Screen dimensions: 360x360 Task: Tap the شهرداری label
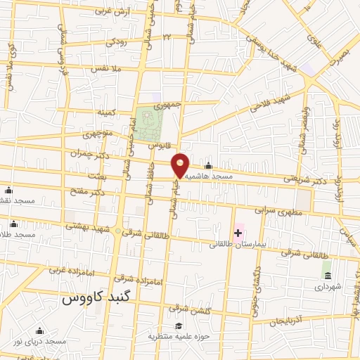point(327,288)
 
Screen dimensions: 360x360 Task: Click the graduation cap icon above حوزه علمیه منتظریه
point(179,326)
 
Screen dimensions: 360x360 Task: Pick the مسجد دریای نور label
point(39,341)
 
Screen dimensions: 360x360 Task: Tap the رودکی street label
point(117,42)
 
